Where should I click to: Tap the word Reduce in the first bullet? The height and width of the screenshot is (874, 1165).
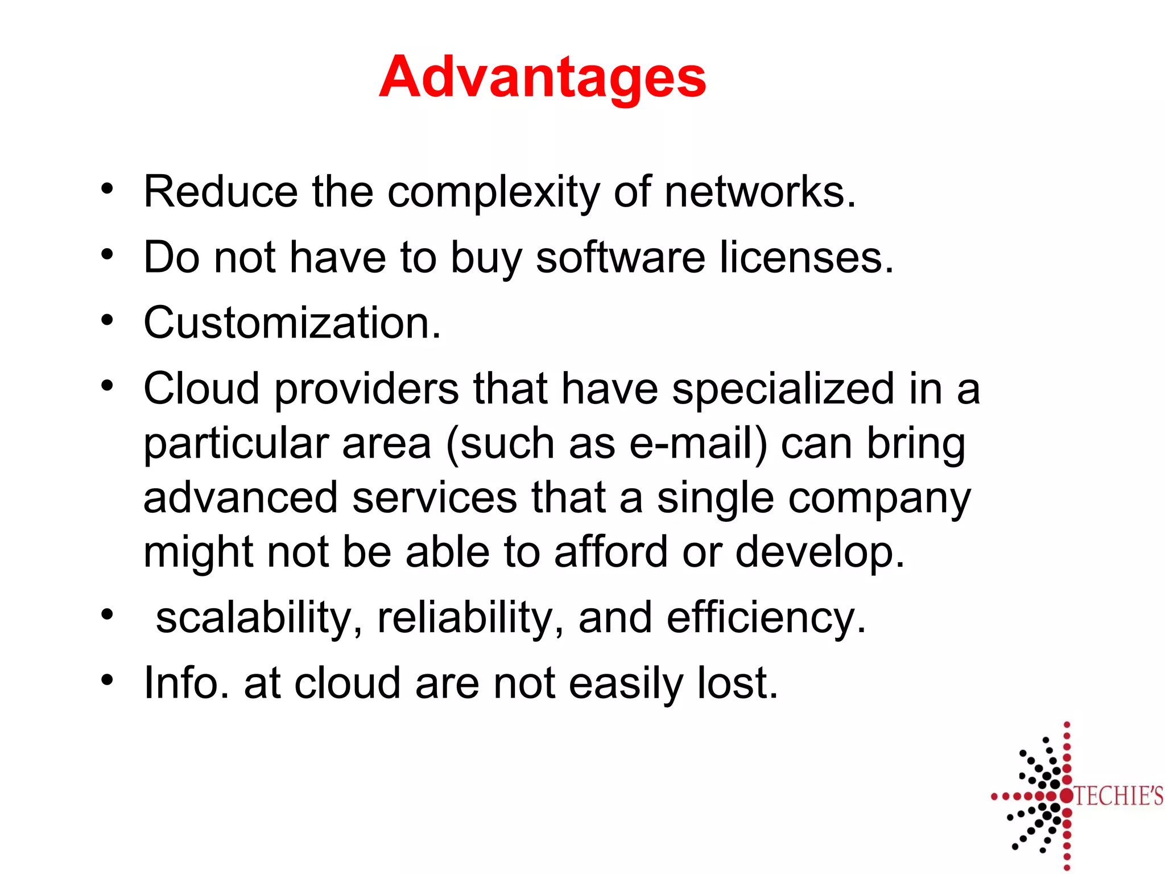[x=221, y=192]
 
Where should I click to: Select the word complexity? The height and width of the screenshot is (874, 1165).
[x=493, y=193]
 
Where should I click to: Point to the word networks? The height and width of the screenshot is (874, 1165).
[x=759, y=192]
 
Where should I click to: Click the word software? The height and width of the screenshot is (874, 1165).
[x=621, y=258]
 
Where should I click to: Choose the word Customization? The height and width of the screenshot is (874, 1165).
[x=292, y=323]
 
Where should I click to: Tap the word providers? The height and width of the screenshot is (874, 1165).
[x=366, y=389]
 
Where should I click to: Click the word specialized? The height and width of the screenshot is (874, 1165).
[x=783, y=389]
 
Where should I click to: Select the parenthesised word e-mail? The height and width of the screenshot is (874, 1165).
[x=698, y=444]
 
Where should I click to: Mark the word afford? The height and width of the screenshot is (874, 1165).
[x=610, y=552]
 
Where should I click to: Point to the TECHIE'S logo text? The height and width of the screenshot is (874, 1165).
[x=1118, y=796]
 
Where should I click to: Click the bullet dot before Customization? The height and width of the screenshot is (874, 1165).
[x=107, y=320]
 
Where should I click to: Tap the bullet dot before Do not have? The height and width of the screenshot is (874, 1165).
[x=107, y=255]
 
